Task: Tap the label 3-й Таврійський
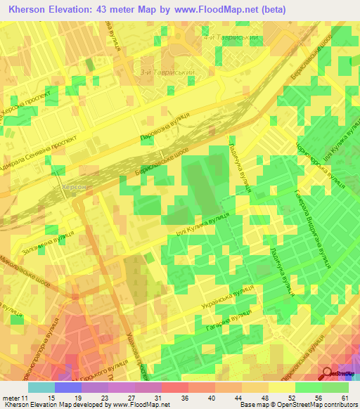point(172,71)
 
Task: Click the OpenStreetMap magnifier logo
point(327,375)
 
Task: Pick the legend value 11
point(25,397)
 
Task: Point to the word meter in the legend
point(10,397)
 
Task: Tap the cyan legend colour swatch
point(41,387)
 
